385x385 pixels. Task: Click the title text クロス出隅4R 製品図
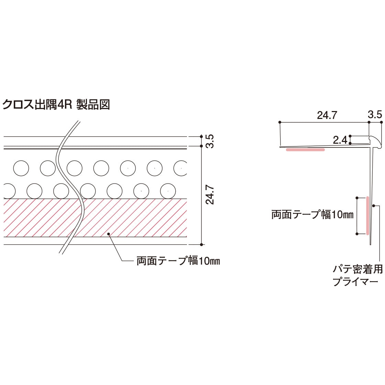(56, 104)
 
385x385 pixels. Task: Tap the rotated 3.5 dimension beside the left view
(210, 141)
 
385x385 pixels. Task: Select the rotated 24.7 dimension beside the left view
(210, 196)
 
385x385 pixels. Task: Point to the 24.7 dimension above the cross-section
(327, 115)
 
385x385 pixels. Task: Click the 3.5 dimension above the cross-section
(375, 115)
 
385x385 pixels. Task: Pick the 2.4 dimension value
(340, 140)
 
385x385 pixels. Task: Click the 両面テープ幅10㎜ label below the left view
(178, 261)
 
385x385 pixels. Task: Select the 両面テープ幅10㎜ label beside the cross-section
(312, 214)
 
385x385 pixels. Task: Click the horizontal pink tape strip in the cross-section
(306, 150)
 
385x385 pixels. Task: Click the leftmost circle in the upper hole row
(21, 168)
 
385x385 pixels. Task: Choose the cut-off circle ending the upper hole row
(180, 168)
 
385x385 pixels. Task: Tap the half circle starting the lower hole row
(9, 191)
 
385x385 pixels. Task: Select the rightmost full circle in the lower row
(168, 191)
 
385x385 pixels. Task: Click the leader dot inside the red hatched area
(109, 234)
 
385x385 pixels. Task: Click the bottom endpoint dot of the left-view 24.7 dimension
(201, 244)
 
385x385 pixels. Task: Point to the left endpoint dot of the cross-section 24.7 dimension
(280, 122)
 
